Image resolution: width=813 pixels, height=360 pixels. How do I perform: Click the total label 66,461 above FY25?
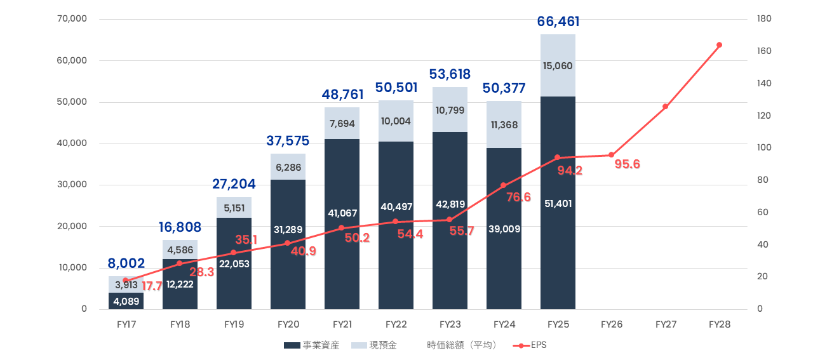pos(558,22)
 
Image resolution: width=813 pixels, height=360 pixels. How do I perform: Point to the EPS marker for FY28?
pos(719,45)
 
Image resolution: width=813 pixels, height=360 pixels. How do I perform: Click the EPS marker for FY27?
pos(665,107)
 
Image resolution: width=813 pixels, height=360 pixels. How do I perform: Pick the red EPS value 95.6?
pos(627,164)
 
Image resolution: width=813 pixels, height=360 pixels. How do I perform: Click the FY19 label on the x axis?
pos(234,324)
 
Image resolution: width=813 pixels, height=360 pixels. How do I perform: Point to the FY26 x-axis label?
pos(612,324)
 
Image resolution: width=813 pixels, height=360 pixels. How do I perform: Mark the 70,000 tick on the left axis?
pos(72,19)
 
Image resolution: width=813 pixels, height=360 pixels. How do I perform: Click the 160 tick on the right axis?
pos(764,51)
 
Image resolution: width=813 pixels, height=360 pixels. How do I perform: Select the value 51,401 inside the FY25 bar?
pos(558,204)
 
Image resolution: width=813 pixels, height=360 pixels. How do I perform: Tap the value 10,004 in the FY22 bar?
pos(396,121)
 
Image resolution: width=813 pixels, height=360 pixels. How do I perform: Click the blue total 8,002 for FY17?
pos(126,263)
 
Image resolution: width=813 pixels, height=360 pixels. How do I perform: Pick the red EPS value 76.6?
pos(518,197)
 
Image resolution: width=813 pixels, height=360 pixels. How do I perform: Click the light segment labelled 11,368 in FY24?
pos(504,125)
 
